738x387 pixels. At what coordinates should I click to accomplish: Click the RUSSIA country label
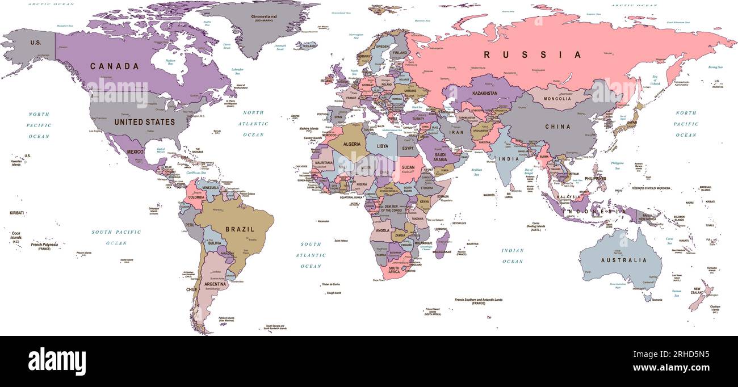point(532,54)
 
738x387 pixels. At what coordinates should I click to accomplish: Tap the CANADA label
point(115,66)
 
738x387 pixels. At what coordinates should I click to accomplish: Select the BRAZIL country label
point(241,229)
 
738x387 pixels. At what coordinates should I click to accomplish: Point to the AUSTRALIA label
point(624,260)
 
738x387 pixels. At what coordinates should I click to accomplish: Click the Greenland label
point(264,16)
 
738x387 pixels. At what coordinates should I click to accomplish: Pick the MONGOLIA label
point(557,99)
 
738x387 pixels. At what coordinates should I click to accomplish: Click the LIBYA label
point(383,146)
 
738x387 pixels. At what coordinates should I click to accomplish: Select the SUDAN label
point(409,167)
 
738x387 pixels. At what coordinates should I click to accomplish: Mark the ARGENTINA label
point(215,284)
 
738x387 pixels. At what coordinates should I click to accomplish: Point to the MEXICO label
point(135,152)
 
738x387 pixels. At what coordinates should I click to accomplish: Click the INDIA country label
point(509,159)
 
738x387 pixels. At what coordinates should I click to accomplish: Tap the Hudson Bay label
point(170,61)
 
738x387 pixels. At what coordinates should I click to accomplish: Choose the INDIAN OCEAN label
point(512,256)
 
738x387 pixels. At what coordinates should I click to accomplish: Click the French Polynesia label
point(44,245)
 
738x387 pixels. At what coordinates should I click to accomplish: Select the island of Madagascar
point(442,245)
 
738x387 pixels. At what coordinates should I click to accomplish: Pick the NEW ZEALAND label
point(698,289)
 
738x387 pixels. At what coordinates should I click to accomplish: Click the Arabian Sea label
point(476,172)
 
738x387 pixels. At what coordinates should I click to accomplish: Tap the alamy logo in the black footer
point(57,361)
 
